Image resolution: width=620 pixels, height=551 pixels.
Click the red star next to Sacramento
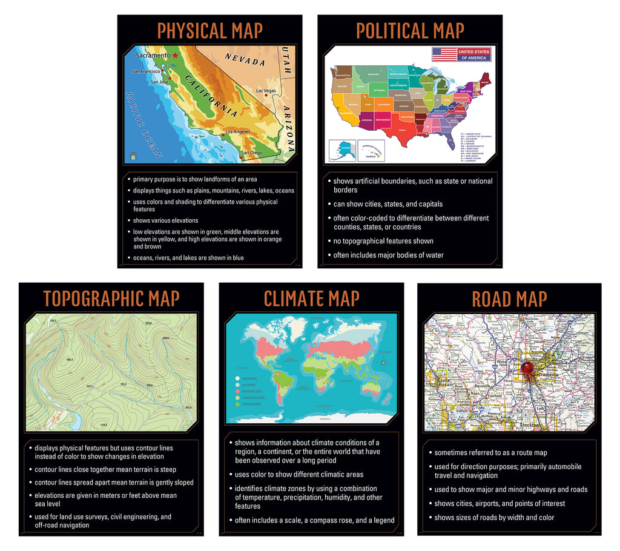[x=175, y=55]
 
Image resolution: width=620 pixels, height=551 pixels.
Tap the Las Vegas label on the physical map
[x=266, y=91]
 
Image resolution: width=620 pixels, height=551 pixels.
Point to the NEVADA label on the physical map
[x=245, y=59]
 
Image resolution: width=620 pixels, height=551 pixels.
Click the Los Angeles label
[x=237, y=131]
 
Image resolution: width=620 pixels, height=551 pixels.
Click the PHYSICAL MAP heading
[x=209, y=30]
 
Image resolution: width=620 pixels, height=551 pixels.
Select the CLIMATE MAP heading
[x=311, y=298]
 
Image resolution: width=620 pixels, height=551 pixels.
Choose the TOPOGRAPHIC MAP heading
[x=111, y=298]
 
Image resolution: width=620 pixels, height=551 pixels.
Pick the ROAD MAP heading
[x=509, y=299]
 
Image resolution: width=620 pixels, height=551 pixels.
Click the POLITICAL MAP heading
[x=410, y=30]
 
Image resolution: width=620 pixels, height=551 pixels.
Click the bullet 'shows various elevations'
[x=165, y=220]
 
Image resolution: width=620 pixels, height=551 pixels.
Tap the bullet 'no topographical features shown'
[x=383, y=241]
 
